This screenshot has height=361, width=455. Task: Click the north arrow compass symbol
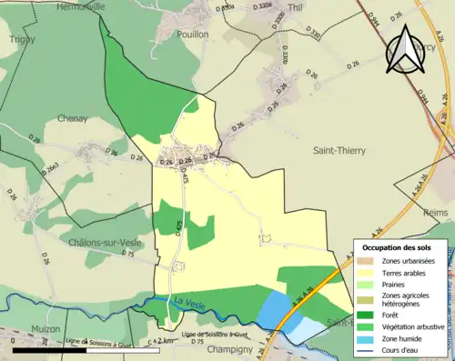[x=406, y=50]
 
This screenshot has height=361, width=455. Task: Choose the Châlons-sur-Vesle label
[x=102, y=243]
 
